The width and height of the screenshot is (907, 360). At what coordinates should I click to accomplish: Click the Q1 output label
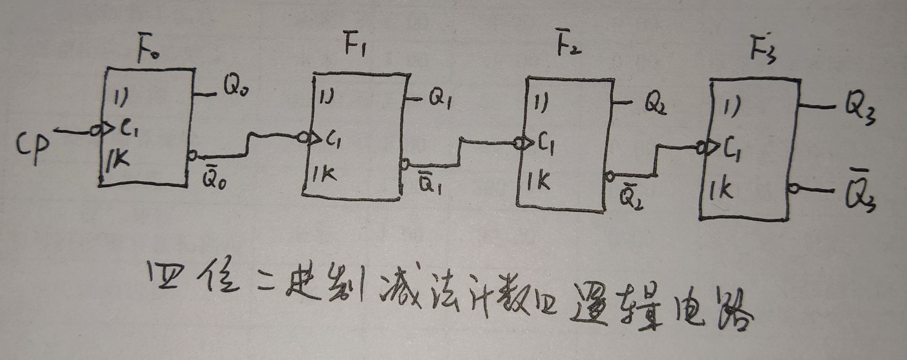pos(440,101)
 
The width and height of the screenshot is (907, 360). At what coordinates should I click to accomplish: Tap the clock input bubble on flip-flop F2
pos(519,143)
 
